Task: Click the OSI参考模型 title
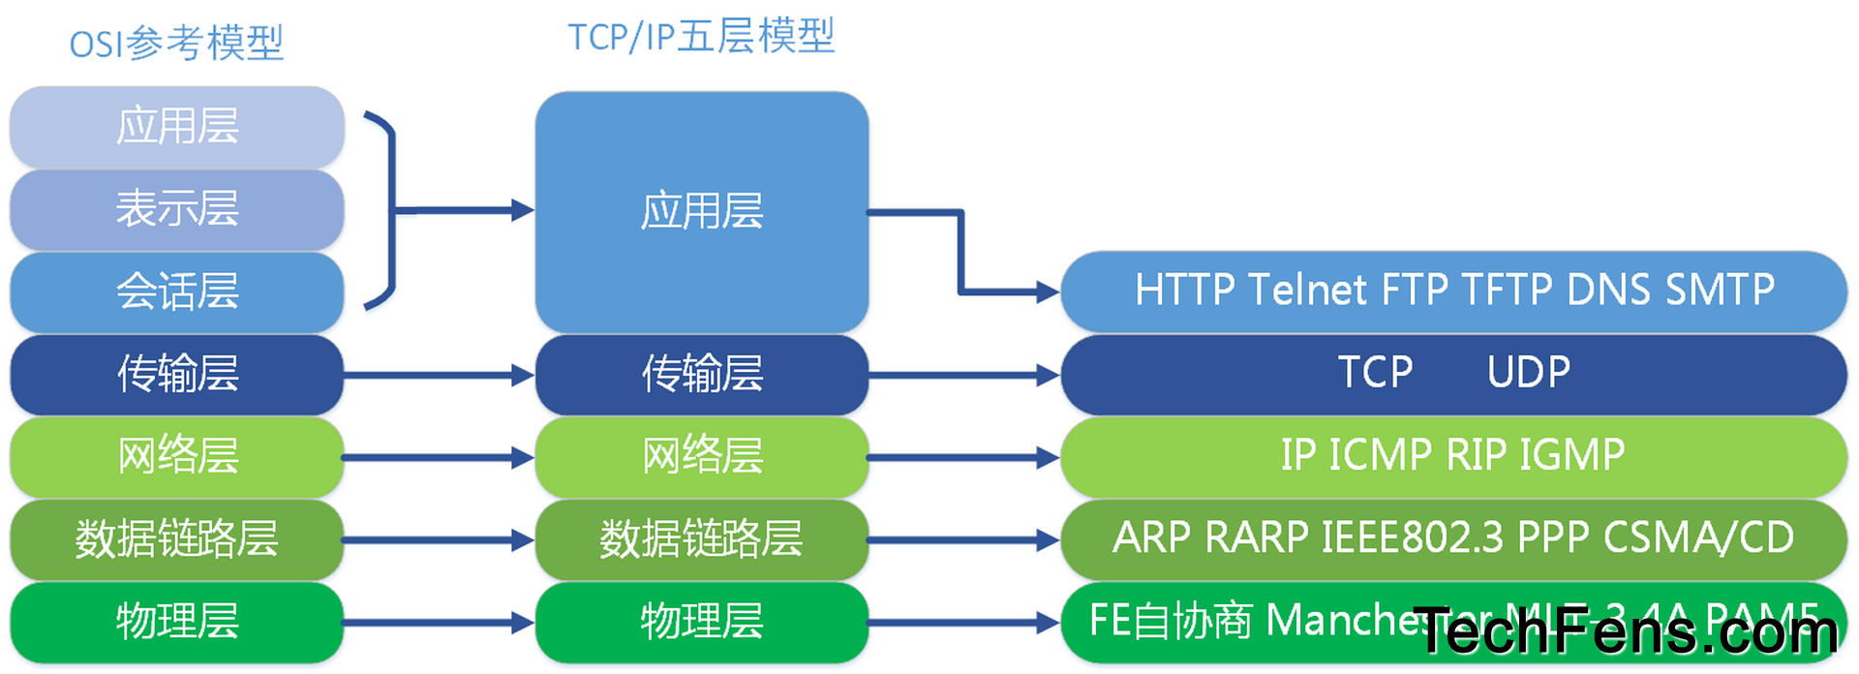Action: pyautogui.click(x=176, y=44)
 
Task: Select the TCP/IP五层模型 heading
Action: pyautogui.click(x=701, y=37)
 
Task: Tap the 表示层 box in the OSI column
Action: pyautogui.click(x=177, y=209)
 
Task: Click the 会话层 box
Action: pyautogui.click(x=177, y=291)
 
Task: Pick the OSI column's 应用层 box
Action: pyautogui.click(x=177, y=127)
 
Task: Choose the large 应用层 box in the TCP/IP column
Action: pyautogui.click(x=701, y=211)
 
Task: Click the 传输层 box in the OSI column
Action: pyautogui.click(x=177, y=374)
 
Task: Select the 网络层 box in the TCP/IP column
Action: pyautogui.click(x=701, y=456)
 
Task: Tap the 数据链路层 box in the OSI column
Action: pyautogui.click(x=177, y=538)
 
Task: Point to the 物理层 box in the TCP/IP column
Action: pyautogui.click(x=701, y=621)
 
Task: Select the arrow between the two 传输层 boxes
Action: pyautogui.click(x=439, y=375)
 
